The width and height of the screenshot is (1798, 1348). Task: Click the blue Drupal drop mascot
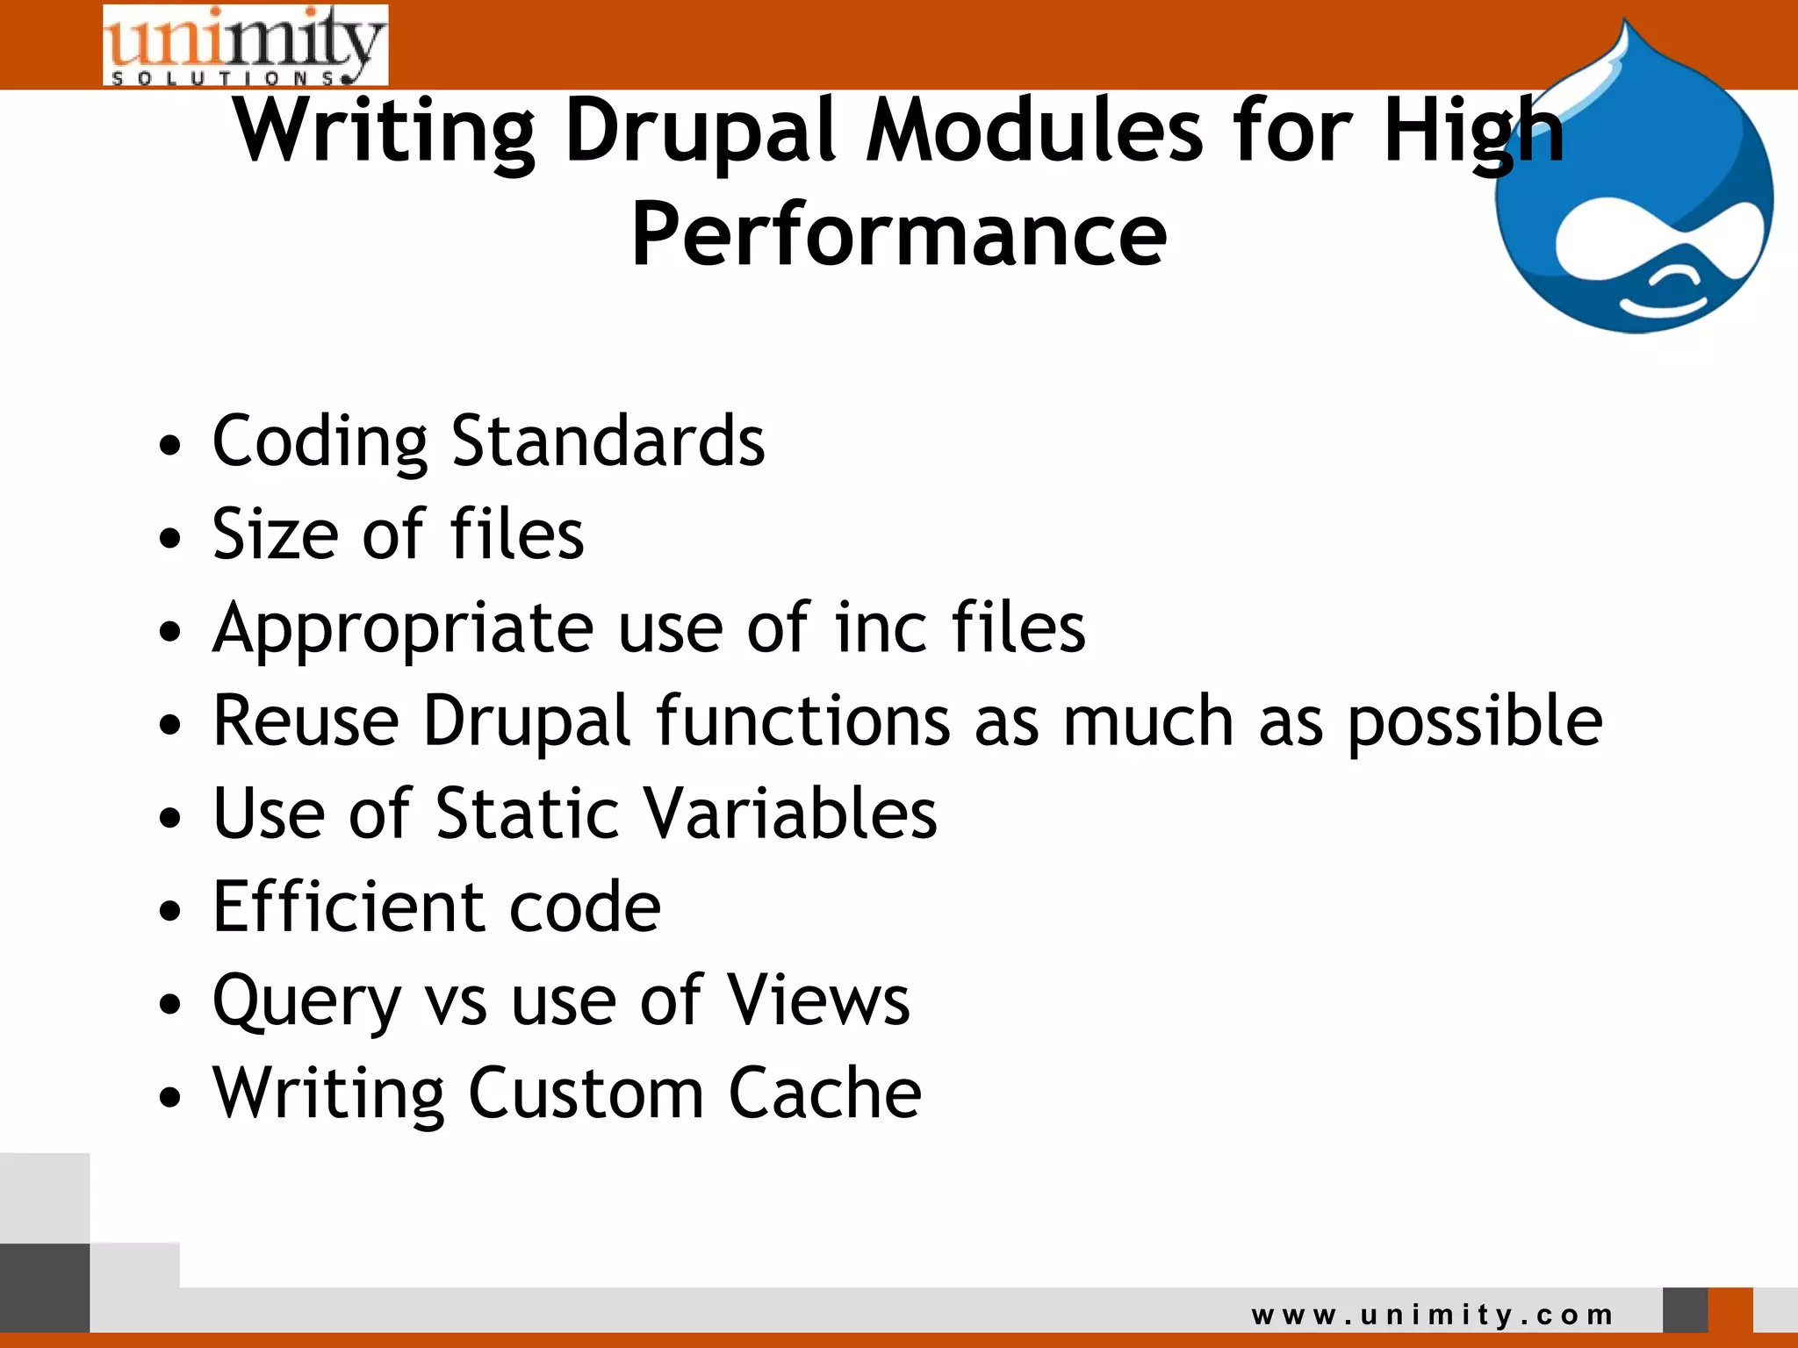[x=1633, y=193]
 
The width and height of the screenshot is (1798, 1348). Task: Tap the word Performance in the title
[x=899, y=234]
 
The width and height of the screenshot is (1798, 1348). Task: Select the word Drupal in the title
[x=701, y=132]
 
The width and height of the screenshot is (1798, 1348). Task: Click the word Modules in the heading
[x=1034, y=132]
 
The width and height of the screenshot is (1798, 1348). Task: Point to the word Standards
[x=608, y=441]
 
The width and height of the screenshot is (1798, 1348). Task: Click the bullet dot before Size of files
[x=170, y=537]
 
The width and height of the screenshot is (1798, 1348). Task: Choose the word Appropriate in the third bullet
[x=403, y=628]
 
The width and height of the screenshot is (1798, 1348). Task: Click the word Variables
[x=791, y=814]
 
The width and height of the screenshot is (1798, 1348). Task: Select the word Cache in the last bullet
[x=824, y=1093]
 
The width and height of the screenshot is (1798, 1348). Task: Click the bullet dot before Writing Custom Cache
[x=170, y=1096]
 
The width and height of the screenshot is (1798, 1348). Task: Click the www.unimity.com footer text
[x=1432, y=1315]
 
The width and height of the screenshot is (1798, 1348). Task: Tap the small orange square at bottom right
[x=1730, y=1309]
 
